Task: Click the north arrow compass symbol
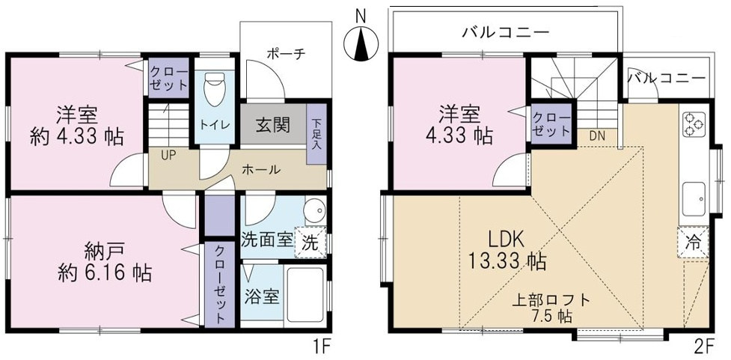[361, 44]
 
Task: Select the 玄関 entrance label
[273, 126]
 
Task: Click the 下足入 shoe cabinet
[316, 134]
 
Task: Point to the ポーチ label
[286, 53]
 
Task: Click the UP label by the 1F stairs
[168, 155]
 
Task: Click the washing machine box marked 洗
[311, 242]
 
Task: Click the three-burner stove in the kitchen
[694, 125]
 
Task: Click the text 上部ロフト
[551, 299]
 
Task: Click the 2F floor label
[704, 347]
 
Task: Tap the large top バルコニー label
[506, 33]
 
